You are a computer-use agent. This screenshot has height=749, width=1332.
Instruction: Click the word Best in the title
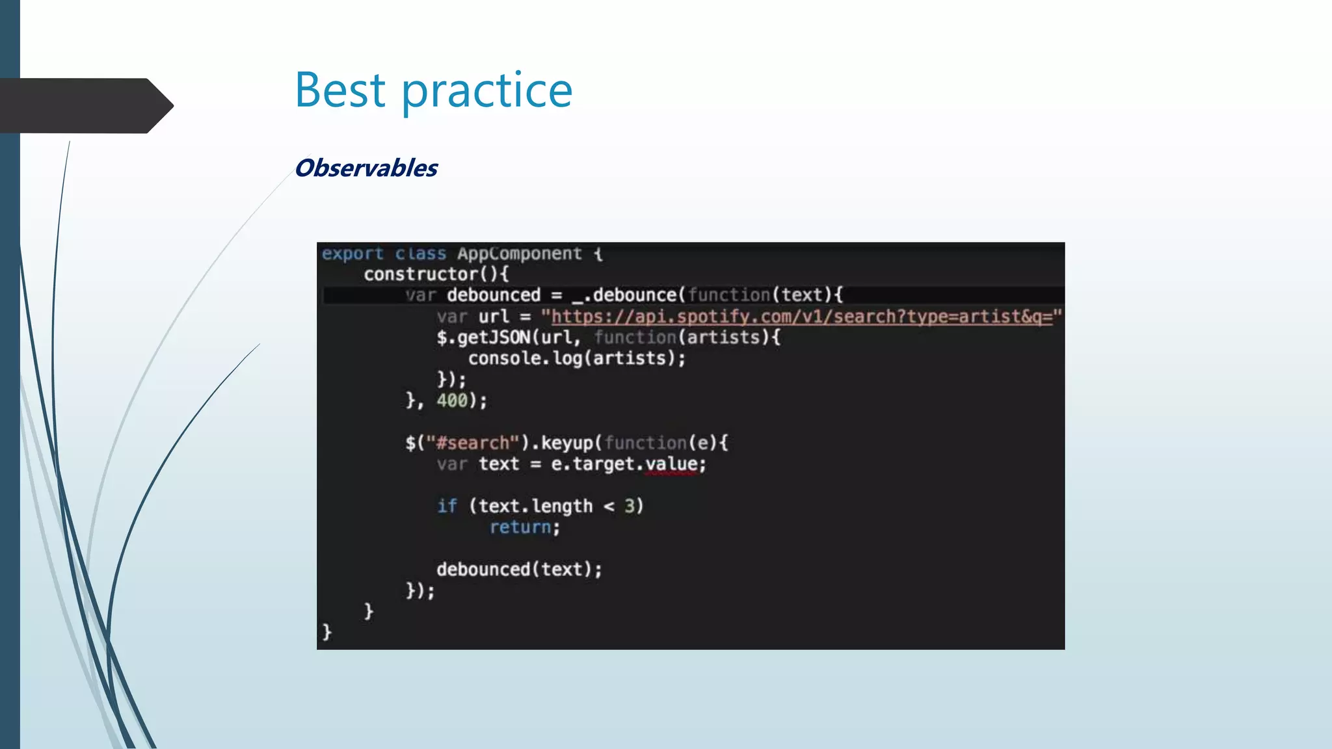pos(340,90)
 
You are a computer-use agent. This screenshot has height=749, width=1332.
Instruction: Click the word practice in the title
pos(486,91)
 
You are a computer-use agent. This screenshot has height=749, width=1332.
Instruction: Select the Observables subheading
pos(366,168)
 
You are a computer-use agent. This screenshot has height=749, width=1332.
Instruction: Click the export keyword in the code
pos(353,254)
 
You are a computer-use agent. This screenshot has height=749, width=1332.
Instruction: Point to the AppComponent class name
pos(519,254)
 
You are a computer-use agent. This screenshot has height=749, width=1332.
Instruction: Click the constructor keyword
pos(420,274)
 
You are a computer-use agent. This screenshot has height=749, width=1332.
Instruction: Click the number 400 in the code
pos(452,401)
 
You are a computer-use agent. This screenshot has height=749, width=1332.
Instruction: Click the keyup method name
pos(567,443)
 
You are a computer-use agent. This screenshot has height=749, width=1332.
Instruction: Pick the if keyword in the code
pos(447,506)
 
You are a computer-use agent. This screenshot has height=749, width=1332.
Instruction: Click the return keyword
pos(520,527)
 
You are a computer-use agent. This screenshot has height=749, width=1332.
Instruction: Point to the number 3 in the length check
pos(629,506)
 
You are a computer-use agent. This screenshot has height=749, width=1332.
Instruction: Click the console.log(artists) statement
pos(576,358)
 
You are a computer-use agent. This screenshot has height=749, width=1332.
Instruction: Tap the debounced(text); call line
pos(519,570)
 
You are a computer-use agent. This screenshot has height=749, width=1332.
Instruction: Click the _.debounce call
pos(625,295)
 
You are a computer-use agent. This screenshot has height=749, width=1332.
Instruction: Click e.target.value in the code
pos(628,464)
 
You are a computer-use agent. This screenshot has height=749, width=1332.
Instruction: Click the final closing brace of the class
pos(326,631)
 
